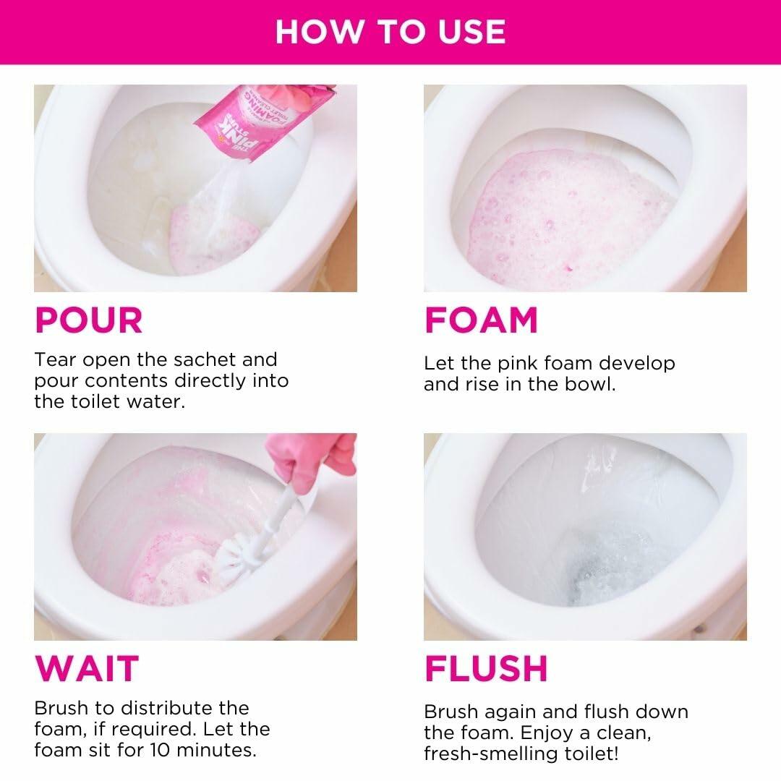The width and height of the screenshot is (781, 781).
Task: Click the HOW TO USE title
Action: coord(390,32)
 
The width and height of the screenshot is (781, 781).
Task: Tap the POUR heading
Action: coord(89,321)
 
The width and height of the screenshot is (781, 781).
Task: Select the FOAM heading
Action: coord(481,321)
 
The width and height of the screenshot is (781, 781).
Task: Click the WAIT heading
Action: coord(86,668)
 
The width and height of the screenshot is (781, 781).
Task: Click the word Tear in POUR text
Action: coord(55,359)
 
